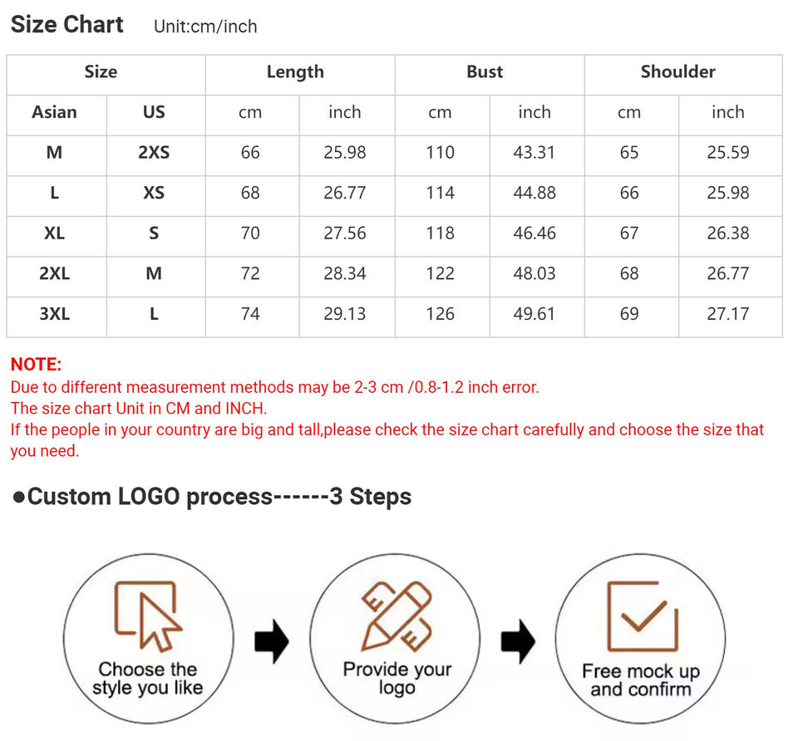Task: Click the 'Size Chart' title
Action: pyautogui.click(x=66, y=24)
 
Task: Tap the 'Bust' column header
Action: pyautogui.click(x=485, y=71)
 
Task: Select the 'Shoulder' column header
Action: pyautogui.click(x=678, y=71)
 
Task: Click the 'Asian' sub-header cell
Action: pyautogui.click(x=55, y=112)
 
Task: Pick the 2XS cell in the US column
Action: pyautogui.click(x=154, y=152)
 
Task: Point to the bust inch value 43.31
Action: pyautogui.click(x=534, y=152)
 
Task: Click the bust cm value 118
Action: pyautogui.click(x=440, y=233)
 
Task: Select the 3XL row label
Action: pyautogui.click(x=55, y=314)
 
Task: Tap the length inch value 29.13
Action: pyautogui.click(x=344, y=314)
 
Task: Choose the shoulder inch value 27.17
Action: pyautogui.click(x=728, y=314)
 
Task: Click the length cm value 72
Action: pyautogui.click(x=250, y=273)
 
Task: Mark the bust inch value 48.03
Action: pyautogui.click(x=534, y=273)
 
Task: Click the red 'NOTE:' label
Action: pyautogui.click(x=36, y=364)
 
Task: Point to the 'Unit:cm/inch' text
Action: pyautogui.click(x=205, y=27)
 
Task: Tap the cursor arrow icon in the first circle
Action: pyautogui.click(x=160, y=623)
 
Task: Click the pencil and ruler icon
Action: pyautogui.click(x=397, y=616)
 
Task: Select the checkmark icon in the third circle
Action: pyautogui.click(x=643, y=616)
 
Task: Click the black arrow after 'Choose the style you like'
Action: pyautogui.click(x=272, y=641)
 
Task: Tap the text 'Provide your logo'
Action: pyautogui.click(x=397, y=679)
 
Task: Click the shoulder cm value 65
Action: pyautogui.click(x=629, y=152)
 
